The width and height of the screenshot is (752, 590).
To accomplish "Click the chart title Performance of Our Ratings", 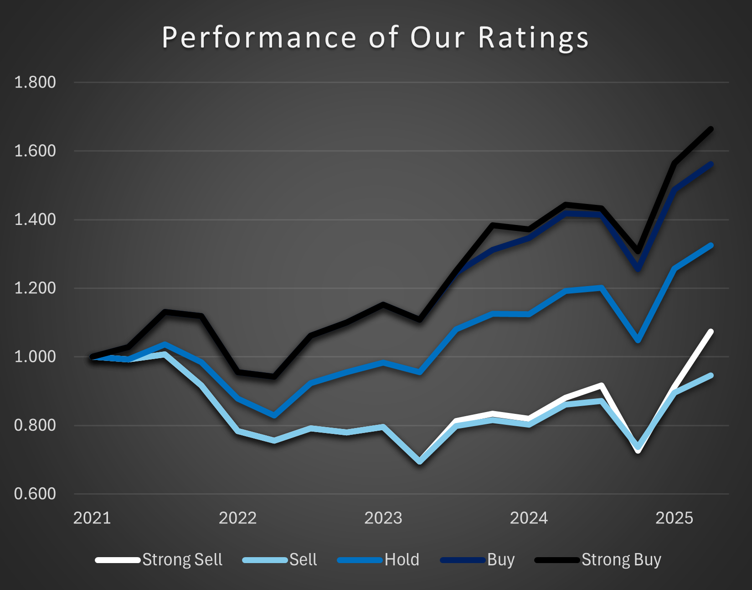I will [375, 37].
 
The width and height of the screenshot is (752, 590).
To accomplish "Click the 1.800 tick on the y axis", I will [35, 83].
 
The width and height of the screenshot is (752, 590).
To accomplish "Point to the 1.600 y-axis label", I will [35, 151].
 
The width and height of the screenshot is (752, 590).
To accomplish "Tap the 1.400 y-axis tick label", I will [35, 219].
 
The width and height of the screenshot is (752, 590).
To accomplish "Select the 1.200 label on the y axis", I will [35, 288].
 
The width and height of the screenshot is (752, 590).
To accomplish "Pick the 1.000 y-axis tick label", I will [35, 357].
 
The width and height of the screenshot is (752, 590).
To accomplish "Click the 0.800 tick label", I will [35, 425].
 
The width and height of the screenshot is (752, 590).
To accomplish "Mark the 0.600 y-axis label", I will [35, 494].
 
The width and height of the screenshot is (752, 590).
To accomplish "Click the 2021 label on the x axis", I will [92, 518].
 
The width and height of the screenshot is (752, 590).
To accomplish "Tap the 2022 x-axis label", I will [237, 518].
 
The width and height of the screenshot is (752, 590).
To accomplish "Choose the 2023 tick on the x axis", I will [383, 518].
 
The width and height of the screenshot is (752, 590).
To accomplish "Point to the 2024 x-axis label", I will [529, 518].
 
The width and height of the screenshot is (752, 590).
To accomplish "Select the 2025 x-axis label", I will [674, 518].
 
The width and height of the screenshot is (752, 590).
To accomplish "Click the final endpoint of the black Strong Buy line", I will [711, 129].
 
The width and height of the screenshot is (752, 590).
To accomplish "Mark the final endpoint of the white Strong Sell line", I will [711, 332].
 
